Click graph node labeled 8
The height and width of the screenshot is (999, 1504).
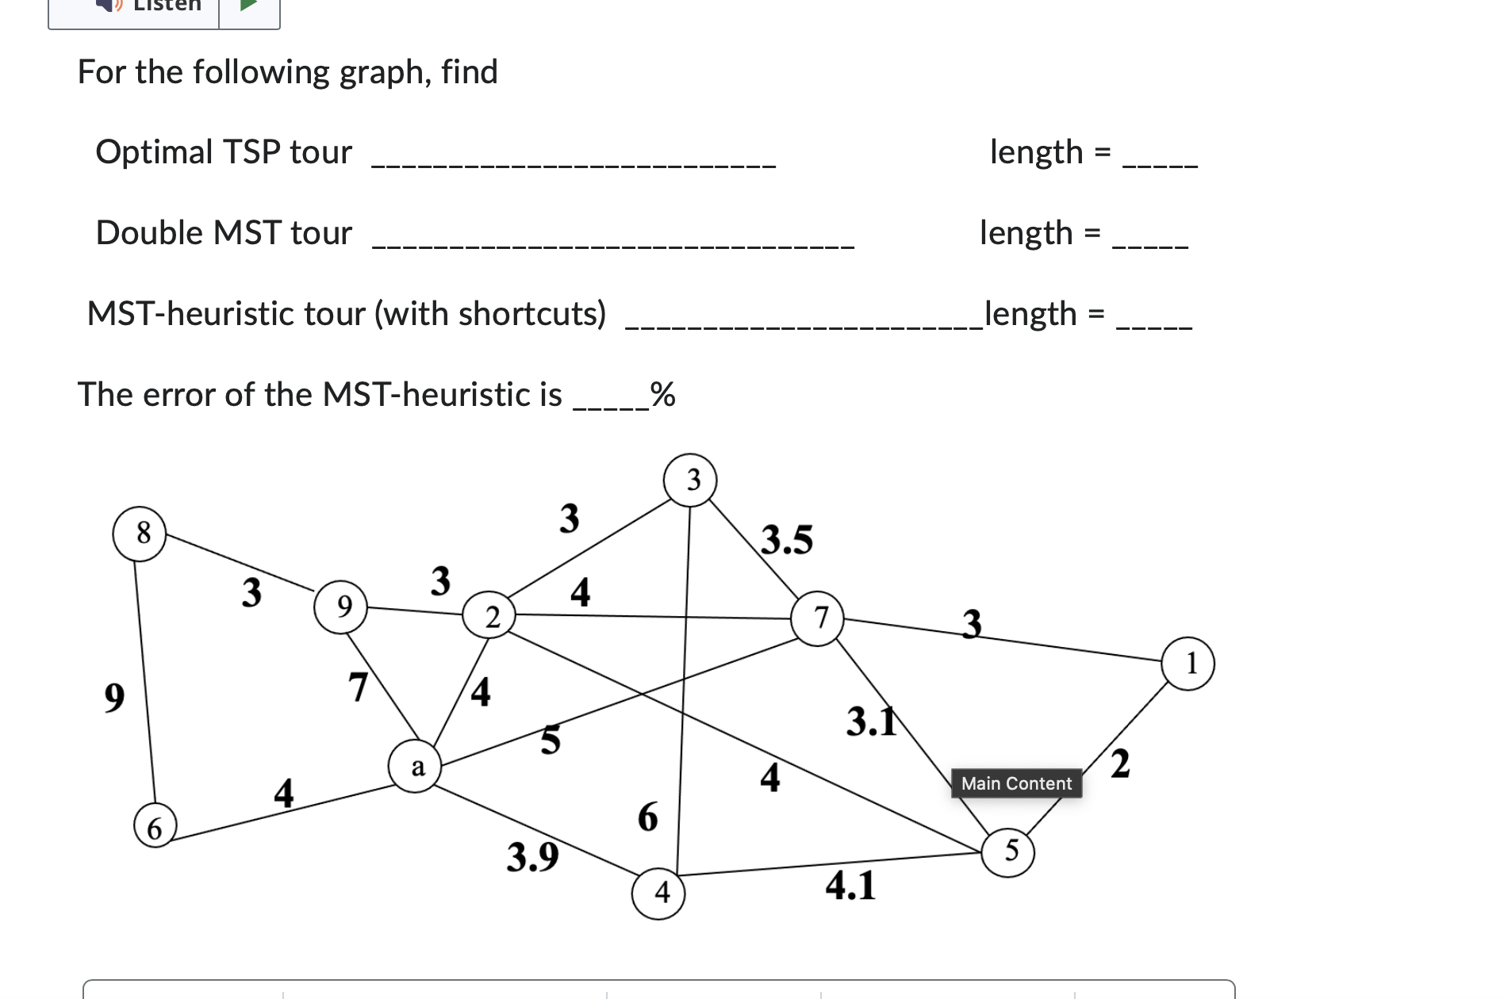click(x=140, y=534)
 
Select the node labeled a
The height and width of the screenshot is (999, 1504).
click(x=416, y=767)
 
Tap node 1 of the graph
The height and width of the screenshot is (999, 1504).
click(x=1187, y=664)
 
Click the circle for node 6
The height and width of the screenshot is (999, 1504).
click(x=155, y=825)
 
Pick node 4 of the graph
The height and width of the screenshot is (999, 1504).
click(x=658, y=893)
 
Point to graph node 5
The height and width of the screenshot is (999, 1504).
click(x=1008, y=852)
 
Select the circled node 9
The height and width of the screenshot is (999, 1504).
click(x=341, y=607)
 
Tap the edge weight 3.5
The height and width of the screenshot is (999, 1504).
click(x=787, y=540)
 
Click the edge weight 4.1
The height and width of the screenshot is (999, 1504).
click(x=850, y=886)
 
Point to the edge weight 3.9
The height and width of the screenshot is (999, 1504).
click(x=532, y=857)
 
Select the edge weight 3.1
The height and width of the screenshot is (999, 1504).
click(x=870, y=721)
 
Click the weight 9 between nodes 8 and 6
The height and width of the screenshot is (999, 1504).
click(x=114, y=698)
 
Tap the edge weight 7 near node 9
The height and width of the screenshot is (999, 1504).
click(x=359, y=687)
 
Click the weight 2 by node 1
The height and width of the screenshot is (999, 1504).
click(x=1119, y=764)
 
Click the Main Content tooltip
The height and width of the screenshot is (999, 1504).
click(x=1016, y=783)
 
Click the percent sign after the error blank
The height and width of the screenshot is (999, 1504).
click(x=662, y=394)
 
